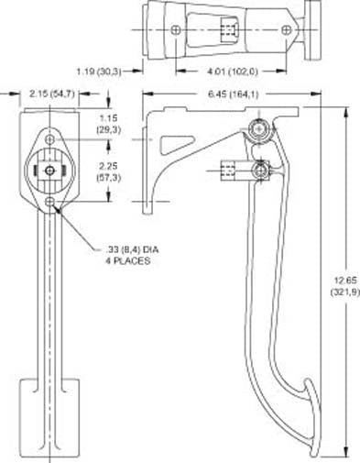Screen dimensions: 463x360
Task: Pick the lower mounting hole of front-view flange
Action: [x=49, y=202]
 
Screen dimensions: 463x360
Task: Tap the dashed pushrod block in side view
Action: [x=229, y=170]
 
